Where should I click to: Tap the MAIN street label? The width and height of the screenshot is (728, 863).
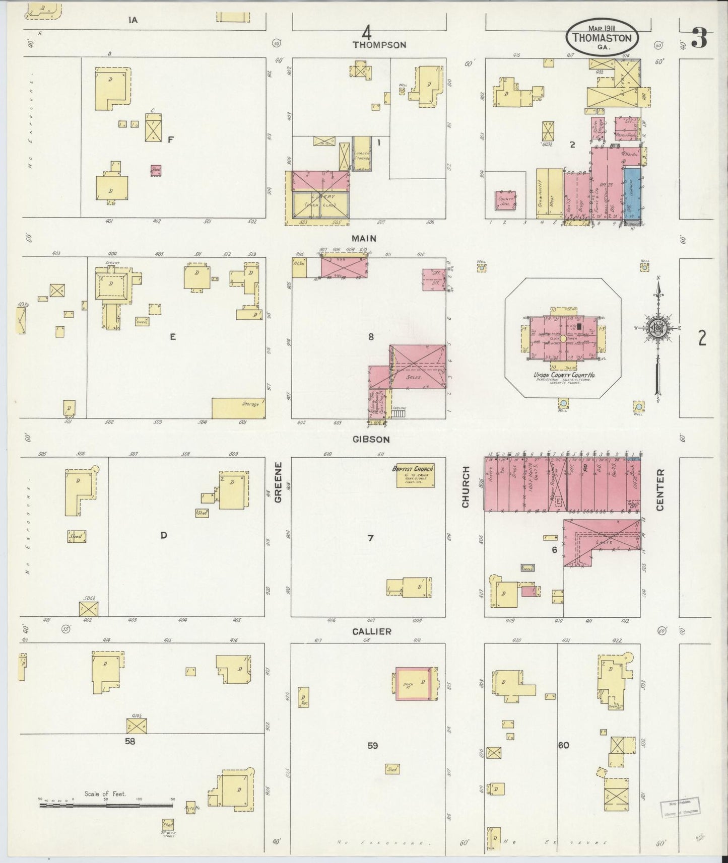365,238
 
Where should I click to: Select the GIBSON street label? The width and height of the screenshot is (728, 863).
371,439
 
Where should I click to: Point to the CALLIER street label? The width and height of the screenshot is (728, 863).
372,631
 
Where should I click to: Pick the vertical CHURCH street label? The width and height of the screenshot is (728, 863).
466,486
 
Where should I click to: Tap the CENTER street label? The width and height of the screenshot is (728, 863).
660,489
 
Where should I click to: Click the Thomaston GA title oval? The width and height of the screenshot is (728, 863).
602,36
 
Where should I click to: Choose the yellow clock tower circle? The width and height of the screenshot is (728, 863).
563,339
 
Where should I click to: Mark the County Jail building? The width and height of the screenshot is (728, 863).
505,200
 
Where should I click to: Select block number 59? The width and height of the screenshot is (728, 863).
372,745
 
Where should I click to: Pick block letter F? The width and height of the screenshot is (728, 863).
170,140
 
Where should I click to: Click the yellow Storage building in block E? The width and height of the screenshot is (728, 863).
238,408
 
